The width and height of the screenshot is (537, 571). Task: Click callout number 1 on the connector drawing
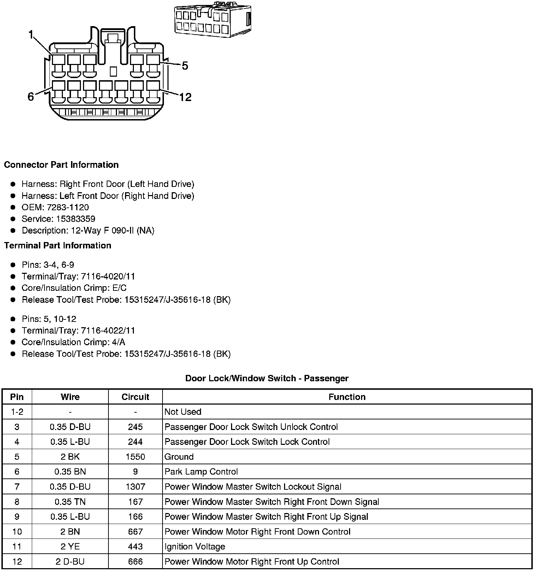coord(31,35)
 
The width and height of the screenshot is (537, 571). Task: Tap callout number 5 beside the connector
coord(185,66)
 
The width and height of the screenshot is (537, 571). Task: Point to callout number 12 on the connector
coord(185,97)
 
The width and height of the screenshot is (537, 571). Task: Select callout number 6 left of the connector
coord(31,96)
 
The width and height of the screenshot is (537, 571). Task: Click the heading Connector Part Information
coord(61,165)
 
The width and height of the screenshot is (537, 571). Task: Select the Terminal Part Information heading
coord(58,246)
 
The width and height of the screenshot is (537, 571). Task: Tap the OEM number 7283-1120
coord(68,207)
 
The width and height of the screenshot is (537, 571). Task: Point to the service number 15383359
coord(76,219)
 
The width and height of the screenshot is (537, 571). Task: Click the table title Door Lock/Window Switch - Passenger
coord(267,378)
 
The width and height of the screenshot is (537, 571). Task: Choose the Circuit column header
coord(135,397)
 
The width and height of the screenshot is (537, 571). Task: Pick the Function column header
coord(347,397)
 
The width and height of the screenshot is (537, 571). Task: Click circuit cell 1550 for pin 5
coord(135,457)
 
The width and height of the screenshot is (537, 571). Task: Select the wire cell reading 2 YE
coord(70,547)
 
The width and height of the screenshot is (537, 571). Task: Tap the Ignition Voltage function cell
coord(195,547)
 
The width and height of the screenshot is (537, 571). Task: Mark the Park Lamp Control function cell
coord(201,472)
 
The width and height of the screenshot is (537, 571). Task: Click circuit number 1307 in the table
coord(135,487)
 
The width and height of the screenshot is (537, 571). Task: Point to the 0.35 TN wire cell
coord(70,502)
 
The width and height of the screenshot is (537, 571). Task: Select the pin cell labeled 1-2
coord(17,412)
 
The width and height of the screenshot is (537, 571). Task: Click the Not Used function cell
coord(183,412)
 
